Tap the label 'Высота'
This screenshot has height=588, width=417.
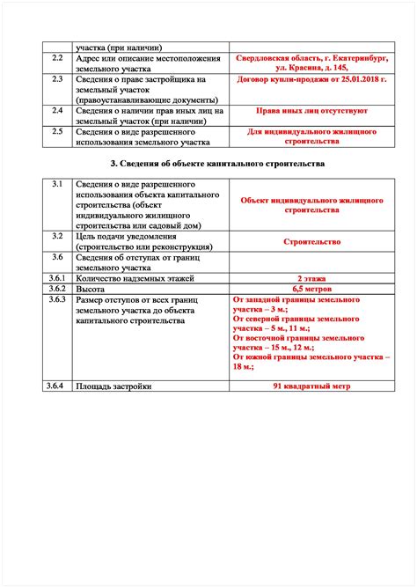point(91,288)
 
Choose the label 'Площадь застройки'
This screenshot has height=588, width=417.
point(113,386)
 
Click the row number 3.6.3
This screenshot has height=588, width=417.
point(58,299)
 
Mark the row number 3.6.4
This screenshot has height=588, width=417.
point(58,386)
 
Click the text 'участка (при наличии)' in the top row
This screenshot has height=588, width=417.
point(118,47)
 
